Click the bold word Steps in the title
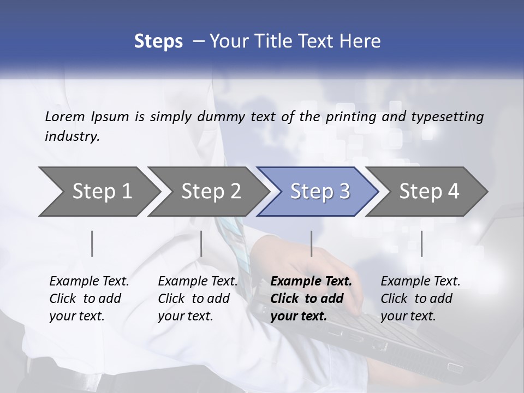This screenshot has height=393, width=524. pos(158,41)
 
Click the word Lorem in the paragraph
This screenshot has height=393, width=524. pos(65,116)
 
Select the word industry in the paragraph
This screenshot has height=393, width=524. pos(72,136)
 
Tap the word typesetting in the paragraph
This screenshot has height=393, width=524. pos(447,116)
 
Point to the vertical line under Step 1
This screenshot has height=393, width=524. pos(92,243)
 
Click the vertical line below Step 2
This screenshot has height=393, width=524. pos(201,243)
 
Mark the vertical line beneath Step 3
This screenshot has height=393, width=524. pos(311,243)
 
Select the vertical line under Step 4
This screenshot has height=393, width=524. pos(421,243)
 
